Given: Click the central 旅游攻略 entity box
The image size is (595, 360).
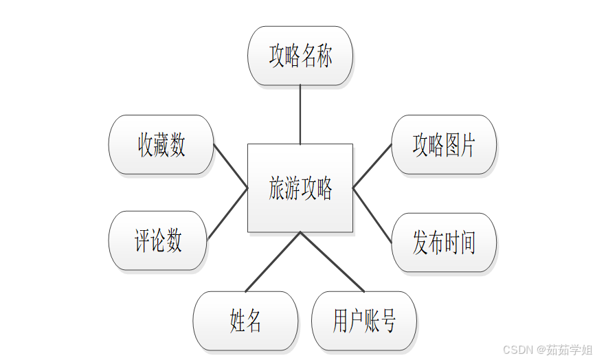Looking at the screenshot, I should (x=300, y=188).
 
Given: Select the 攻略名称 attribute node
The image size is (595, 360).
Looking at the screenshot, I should (x=300, y=56).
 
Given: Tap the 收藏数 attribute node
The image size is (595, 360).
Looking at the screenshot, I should (x=161, y=145).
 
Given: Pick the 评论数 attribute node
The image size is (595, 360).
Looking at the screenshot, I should (x=158, y=240).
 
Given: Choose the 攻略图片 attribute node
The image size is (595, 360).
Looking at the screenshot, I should (x=444, y=145).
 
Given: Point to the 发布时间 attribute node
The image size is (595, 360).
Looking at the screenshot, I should (x=444, y=243).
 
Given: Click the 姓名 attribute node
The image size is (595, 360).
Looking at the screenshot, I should (x=245, y=321).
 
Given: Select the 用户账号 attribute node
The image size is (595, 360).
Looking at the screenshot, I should (x=364, y=321).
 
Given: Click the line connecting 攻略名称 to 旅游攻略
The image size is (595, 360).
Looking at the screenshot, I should (x=300, y=115).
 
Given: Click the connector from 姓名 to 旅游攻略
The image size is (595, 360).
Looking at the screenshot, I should (x=273, y=262).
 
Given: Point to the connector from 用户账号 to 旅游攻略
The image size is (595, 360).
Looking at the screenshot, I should (x=331, y=262).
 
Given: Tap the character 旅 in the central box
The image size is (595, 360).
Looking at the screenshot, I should (x=276, y=188).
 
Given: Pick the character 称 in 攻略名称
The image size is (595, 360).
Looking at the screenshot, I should (x=324, y=56).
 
